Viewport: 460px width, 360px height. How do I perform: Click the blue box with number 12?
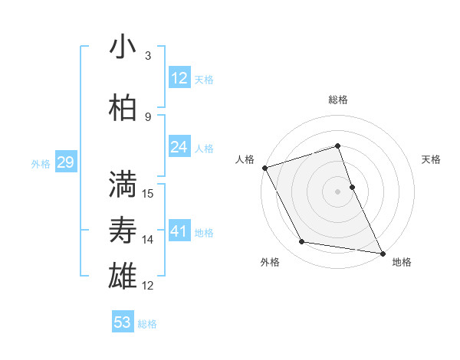click(179, 78)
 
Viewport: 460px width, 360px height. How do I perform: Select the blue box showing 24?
click(179, 147)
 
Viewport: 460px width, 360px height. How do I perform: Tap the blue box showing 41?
click(179, 231)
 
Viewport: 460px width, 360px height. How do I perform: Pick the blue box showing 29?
click(65, 162)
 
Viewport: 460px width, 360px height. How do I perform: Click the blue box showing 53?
click(123, 322)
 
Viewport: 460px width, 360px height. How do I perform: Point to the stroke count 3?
click(148, 56)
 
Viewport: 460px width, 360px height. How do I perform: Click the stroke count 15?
click(148, 193)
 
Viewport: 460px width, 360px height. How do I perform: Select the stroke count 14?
click(148, 239)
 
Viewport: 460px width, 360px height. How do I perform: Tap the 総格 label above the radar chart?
click(338, 100)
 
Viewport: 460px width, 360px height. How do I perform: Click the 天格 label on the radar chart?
click(431, 159)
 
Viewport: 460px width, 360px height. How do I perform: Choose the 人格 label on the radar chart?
click(245, 159)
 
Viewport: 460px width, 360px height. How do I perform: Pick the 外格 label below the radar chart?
click(270, 262)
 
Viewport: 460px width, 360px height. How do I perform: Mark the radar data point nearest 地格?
click(382, 253)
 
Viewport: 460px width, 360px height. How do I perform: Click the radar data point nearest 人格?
click(264, 167)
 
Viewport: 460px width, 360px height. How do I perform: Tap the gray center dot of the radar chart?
click(338, 191)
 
